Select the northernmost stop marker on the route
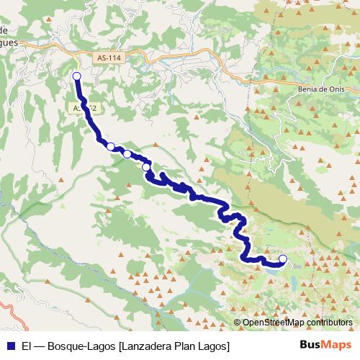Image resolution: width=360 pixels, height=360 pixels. pos(77,76)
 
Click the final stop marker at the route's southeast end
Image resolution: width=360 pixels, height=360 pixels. pos(283,258)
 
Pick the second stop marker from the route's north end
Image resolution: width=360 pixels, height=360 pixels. pos(111,146)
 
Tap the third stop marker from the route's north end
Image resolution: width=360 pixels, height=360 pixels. pos(127,153)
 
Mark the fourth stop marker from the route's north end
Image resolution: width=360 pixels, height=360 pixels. pos(146,167)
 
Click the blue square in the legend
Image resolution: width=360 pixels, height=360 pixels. pos(11,346)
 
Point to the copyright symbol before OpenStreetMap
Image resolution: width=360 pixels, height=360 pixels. pos(237,323)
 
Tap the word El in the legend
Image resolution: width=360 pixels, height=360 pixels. pos(27,346)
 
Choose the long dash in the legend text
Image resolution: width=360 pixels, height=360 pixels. pos(40,346)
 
